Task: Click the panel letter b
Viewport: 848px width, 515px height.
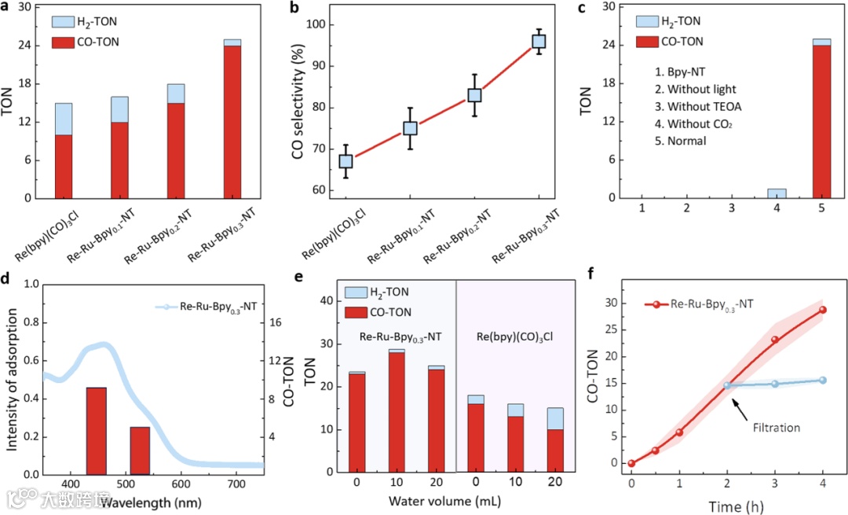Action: click(296, 9)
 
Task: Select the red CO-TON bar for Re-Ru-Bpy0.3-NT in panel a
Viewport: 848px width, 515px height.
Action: click(232, 122)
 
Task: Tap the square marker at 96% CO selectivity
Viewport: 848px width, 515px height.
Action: click(539, 42)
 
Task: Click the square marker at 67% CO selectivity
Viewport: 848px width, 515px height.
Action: click(345, 161)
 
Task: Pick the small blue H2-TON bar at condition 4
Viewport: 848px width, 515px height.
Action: click(777, 193)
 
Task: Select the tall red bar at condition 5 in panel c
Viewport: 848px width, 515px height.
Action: click(821, 122)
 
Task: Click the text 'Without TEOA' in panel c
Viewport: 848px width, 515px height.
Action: click(704, 106)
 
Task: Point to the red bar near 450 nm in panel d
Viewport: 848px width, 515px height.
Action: click(96, 431)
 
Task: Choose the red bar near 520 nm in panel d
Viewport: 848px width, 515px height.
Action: click(140, 451)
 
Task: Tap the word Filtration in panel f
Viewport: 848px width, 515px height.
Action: click(776, 428)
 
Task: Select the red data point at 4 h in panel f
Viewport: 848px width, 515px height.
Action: click(823, 310)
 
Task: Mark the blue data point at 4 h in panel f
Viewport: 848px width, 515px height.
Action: click(823, 380)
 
